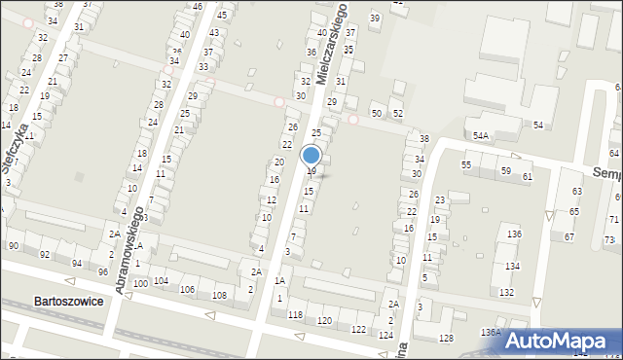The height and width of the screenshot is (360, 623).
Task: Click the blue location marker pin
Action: [x=311, y=156]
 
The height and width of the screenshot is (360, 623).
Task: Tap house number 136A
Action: [x=491, y=332]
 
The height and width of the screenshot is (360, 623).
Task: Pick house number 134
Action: [x=511, y=266]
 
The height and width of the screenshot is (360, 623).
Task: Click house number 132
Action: [x=506, y=292]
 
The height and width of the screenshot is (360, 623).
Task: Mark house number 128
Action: [x=446, y=338]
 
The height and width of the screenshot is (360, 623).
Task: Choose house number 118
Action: [x=295, y=315]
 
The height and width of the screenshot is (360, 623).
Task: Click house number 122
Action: [x=358, y=330]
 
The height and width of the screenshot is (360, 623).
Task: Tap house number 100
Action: [x=140, y=282]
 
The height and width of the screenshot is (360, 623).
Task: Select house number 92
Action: [x=45, y=255]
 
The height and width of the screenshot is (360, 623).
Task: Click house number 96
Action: [x=102, y=271]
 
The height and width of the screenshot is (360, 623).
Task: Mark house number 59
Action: [x=505, y=171]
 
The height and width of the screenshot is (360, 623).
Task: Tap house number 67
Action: [x=568, y=237]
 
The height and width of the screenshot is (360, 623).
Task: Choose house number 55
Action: [x=466, y=165]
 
